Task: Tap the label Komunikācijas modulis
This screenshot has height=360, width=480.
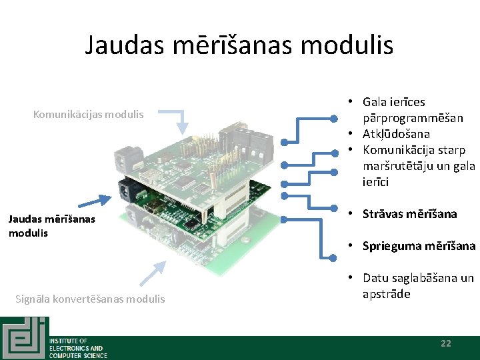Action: pos(88,114)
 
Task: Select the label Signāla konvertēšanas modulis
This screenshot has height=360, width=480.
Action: pos(90,299)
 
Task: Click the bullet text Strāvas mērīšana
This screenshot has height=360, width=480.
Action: pos(409,214)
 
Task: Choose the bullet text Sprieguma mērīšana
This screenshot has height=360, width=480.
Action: pos(419,246)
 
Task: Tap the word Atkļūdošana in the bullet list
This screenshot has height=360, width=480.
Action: pos(396,134)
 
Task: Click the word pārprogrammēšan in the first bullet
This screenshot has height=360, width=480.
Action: pos(413,118)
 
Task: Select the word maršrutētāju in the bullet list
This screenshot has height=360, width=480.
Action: pos(394,166)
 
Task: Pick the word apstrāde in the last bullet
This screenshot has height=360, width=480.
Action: pos(386,294)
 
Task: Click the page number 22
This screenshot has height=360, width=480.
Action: pos(446,343)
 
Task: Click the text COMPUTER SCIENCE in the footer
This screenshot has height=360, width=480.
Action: pos(78,355)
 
